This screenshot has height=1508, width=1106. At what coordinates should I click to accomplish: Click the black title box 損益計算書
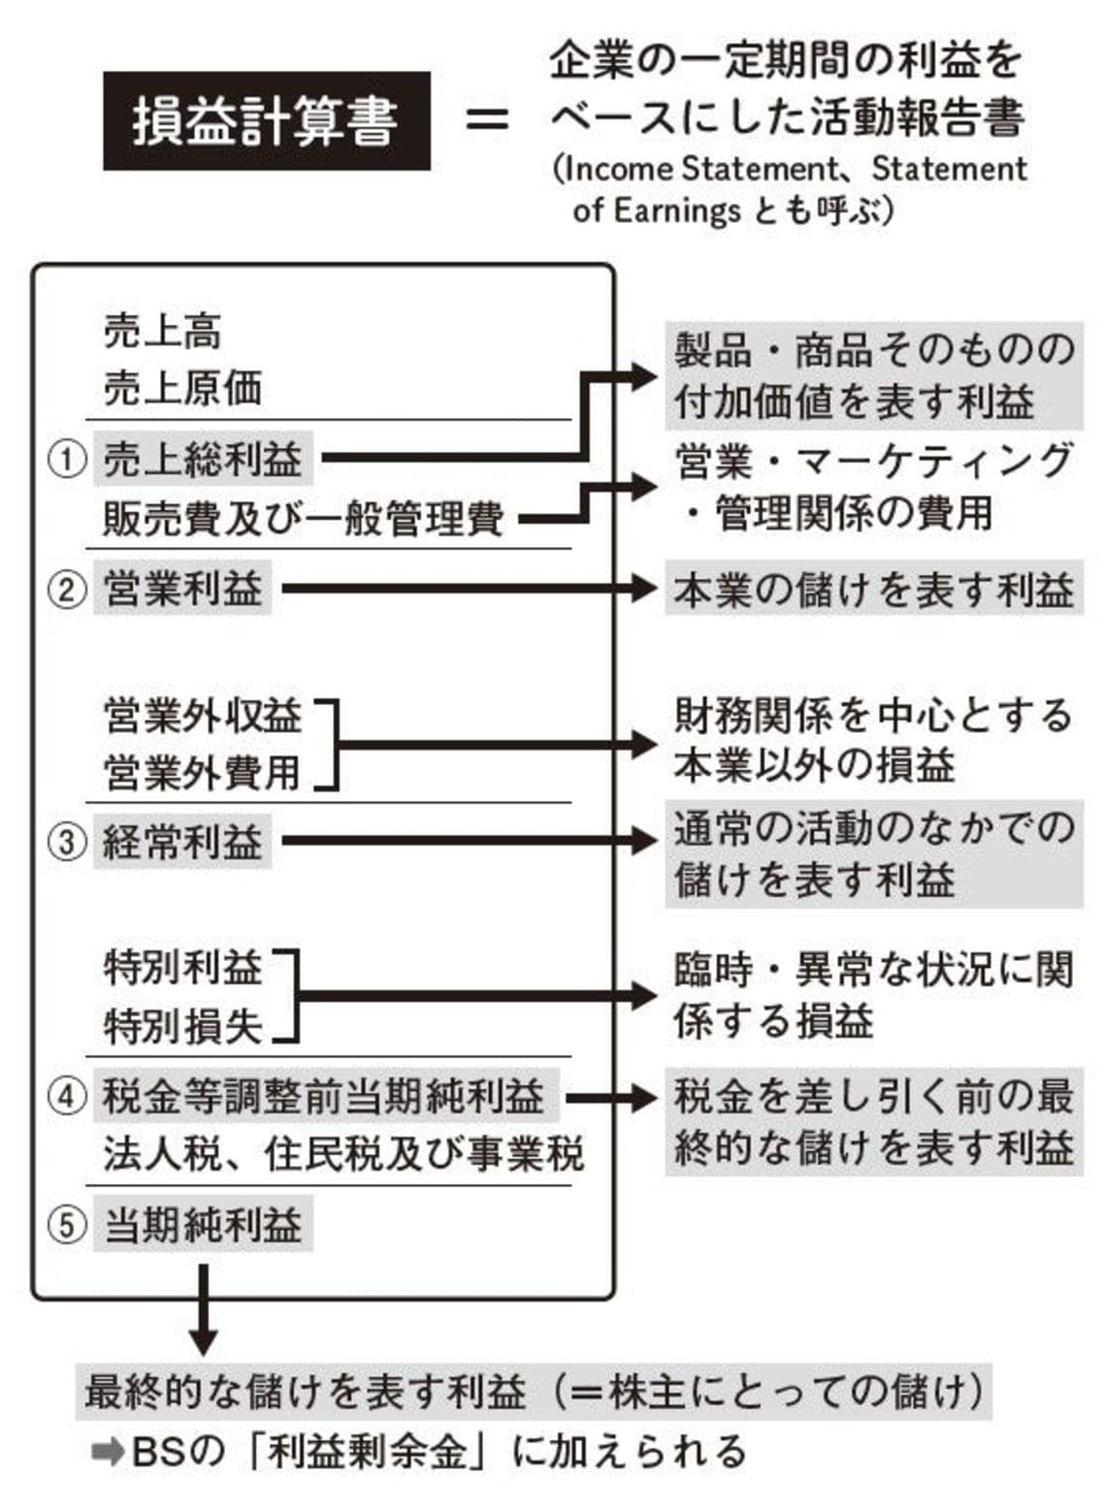point(267,121)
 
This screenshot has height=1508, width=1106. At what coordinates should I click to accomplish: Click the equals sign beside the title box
point(488,121)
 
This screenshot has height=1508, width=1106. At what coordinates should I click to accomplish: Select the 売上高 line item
point(162,332)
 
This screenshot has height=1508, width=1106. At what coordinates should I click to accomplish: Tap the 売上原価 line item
point(182,389)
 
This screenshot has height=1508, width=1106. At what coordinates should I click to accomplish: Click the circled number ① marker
point(67,459)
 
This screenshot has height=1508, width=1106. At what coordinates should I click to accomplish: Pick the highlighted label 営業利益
point(182,588)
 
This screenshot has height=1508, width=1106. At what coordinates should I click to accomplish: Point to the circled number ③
point(67,842)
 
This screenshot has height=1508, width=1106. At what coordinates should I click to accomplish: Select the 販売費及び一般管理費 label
point(303,519)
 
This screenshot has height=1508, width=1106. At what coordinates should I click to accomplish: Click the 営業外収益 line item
point(203,715)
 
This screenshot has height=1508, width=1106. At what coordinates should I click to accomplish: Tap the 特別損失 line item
point(182,1027)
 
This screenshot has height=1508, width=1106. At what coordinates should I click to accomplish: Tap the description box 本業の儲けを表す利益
point(874,588)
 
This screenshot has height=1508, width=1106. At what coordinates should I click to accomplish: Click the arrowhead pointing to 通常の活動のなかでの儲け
point(643,841)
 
